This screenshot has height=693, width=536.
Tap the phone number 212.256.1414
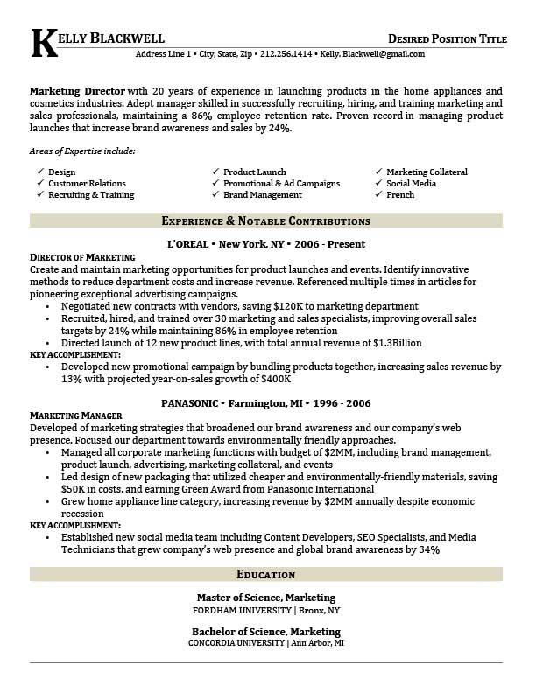(x=285, y=54)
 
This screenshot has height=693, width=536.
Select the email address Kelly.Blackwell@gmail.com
(x=372, y=54)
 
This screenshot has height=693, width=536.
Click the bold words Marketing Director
(x=77, y=91)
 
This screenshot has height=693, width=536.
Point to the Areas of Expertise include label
(x=82, y=151)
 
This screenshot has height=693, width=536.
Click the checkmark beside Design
(x=40, y=172)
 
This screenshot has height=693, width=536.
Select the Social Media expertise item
(x=411, y=184)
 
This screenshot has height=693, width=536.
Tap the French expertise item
(x=400, y=195)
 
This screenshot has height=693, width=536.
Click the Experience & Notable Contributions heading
(x=266, y=221)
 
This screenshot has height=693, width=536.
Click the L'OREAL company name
(x=189, y=244)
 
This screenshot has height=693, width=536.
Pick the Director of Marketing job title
(x=82, y=257)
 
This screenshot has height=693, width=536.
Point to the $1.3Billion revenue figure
(x=391, y=344)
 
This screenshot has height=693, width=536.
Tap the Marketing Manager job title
(x=75, y=416)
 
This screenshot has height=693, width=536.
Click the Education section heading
(x=266, y=575)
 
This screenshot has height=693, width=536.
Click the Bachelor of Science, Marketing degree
(x=266, y=632)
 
